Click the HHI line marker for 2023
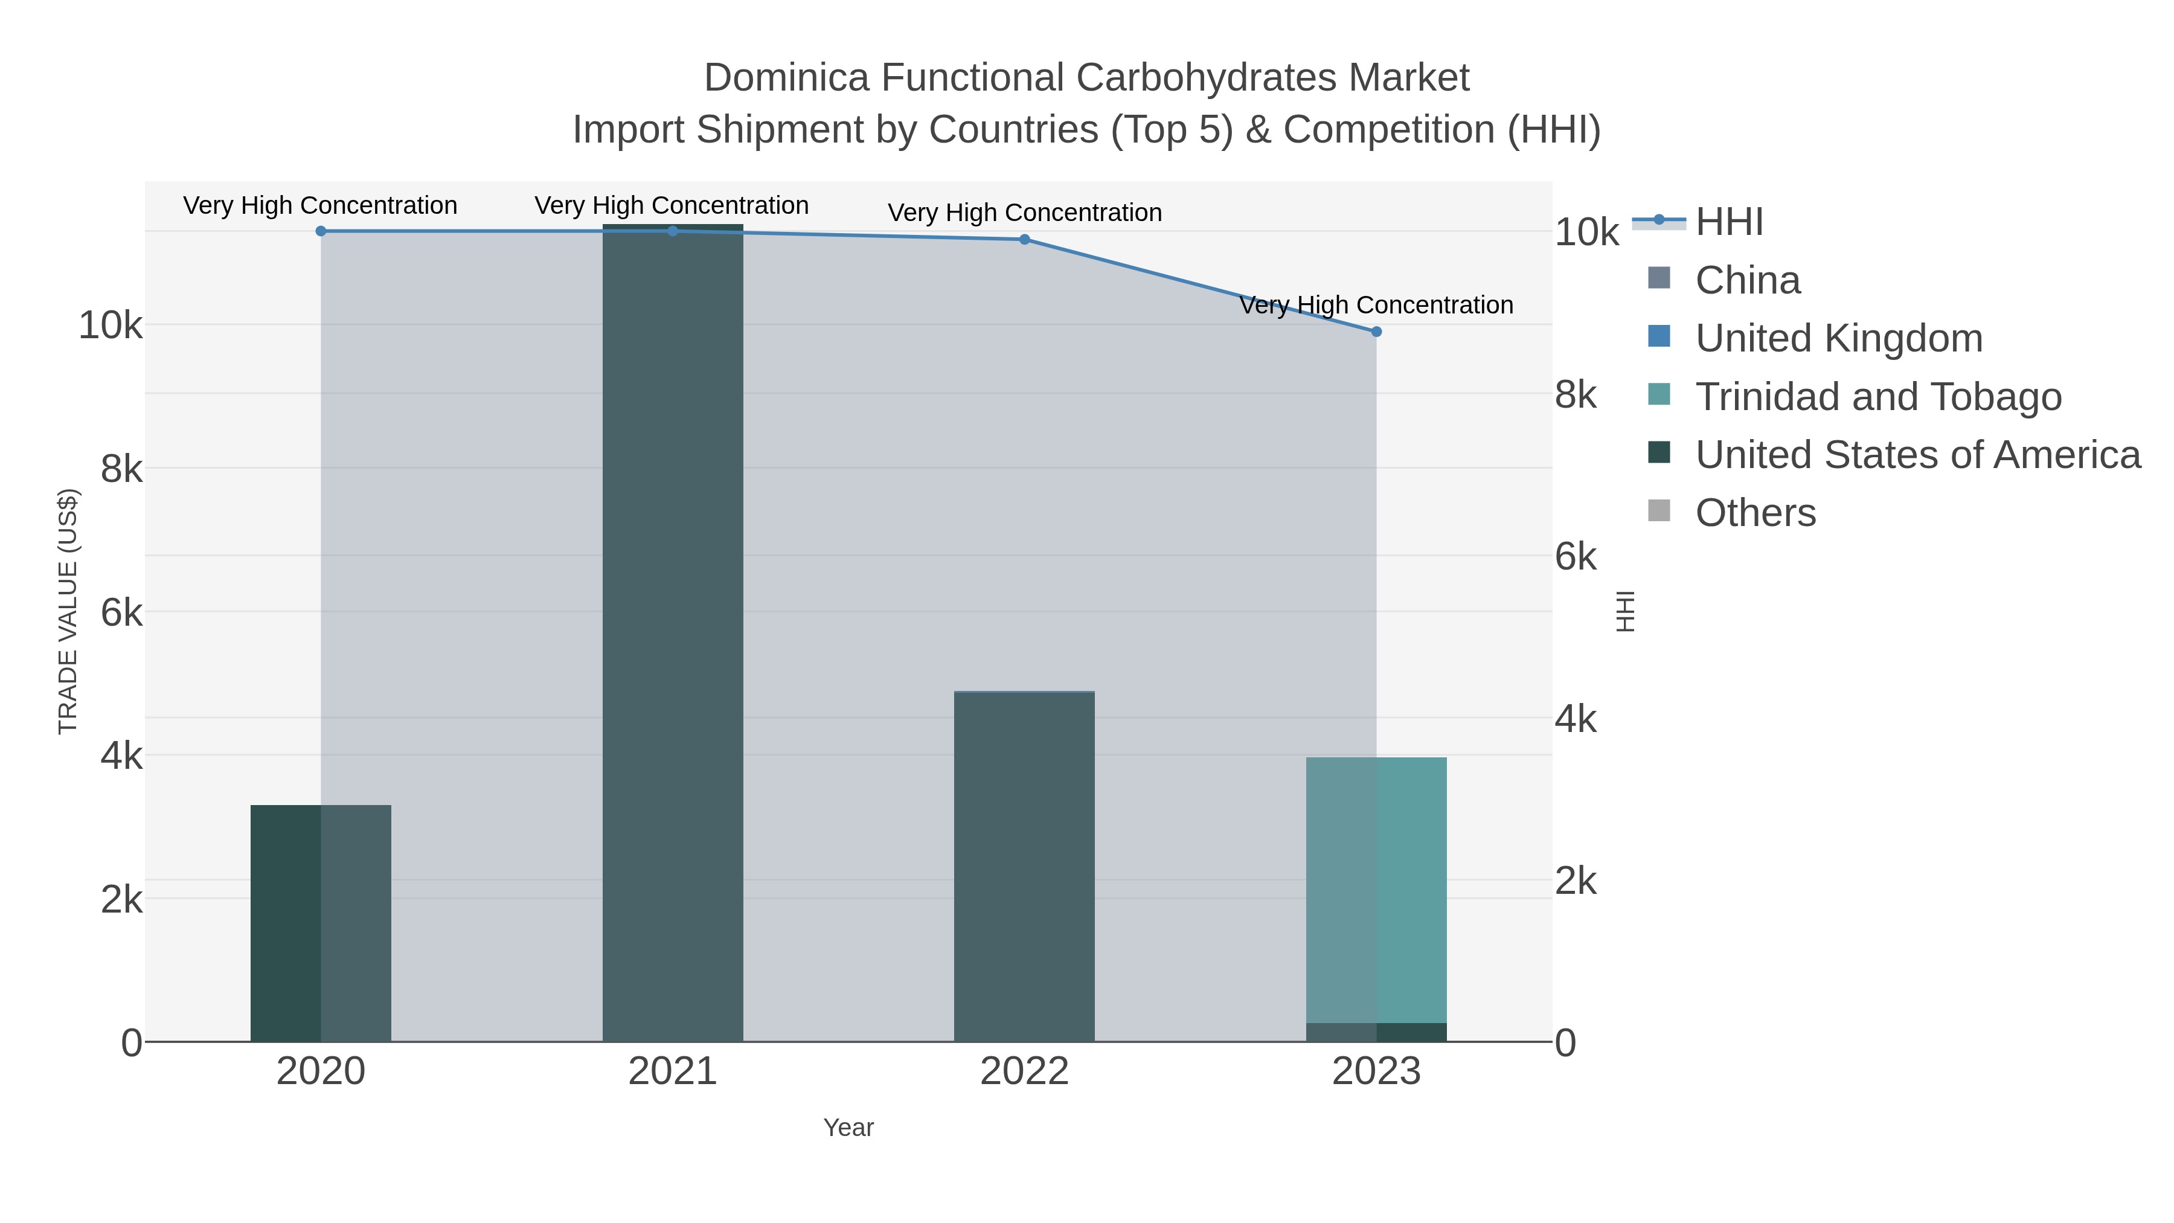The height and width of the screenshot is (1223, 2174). pos(1376,332)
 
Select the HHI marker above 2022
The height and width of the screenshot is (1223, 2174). pos(1024,240)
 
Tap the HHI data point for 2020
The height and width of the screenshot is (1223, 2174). pos(321,231)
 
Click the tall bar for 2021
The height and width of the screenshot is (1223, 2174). pos(673,633)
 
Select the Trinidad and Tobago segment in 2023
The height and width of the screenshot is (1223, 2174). pos(1376,890)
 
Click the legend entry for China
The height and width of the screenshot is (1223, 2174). pos(1747,280)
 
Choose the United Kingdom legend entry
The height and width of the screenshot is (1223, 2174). pos(1838,338)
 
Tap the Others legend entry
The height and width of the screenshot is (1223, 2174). pos(1756,513)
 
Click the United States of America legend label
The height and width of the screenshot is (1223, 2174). pos(1917,455)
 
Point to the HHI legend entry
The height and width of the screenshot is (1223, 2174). pos(1728,222)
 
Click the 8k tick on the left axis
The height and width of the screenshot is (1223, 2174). pos(121,469)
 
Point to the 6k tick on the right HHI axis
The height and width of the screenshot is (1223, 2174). pos(1575,557)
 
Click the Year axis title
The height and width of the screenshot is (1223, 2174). pos(848,1128)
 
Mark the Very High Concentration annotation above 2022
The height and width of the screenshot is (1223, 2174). pos(1024,213)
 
